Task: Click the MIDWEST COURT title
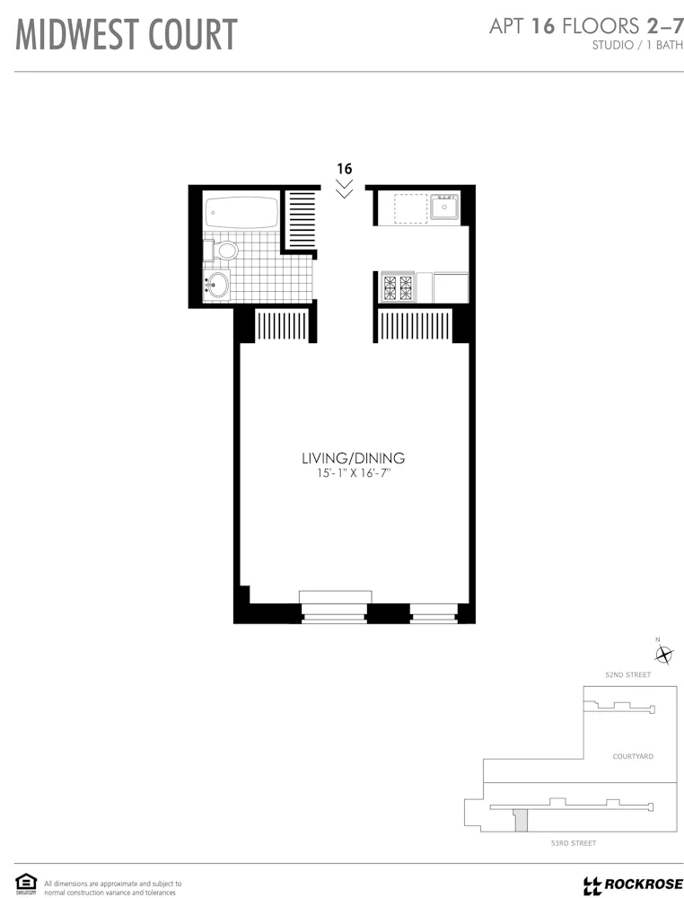[127, 35]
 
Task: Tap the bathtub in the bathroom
[241, 214]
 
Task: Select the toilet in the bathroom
[224, 249]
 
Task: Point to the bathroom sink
[217, 286]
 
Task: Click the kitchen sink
[443, 207]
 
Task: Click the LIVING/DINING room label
[346, 458]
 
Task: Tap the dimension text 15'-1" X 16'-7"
[346, 473]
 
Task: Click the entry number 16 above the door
[344, 168]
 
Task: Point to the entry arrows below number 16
[344, 189]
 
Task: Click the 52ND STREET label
[627, 673]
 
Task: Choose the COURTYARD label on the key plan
[633, 756]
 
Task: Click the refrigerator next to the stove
[451, 287]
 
